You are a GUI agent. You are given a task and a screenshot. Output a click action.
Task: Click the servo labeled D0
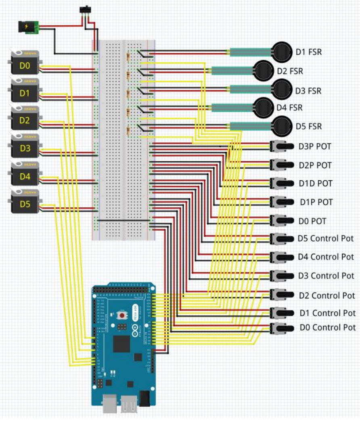coord(25,65)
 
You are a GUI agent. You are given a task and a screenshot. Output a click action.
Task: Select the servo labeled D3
coord(25,148)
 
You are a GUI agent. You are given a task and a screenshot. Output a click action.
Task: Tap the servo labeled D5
coord(25,204)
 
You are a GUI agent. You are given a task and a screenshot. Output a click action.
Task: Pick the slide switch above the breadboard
coord(86,9)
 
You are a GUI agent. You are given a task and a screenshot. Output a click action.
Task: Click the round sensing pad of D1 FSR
coord(282,52)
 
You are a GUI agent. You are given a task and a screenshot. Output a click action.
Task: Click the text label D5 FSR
coord(309,126)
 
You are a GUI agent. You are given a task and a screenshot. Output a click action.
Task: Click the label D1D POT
coord(316,183)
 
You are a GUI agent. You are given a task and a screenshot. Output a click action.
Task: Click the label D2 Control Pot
coord(327,296)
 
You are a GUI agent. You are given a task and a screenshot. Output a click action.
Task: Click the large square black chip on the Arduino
coord(122,344)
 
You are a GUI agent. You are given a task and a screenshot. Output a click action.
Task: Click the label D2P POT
coord(315,165)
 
